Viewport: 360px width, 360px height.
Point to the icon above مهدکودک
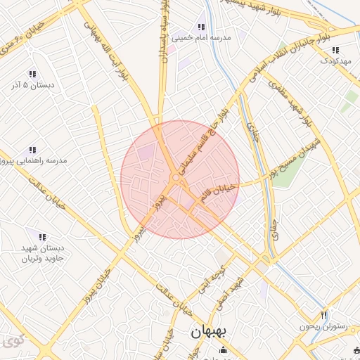(x=335, y=50)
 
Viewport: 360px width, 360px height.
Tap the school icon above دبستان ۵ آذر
(x=32, y=74)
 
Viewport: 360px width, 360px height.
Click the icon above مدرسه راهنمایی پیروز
(x=32, y=150)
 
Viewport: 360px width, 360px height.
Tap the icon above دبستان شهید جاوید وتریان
(x=42, y=237)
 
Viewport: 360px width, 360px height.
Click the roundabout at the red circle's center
(x=174, y=178)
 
